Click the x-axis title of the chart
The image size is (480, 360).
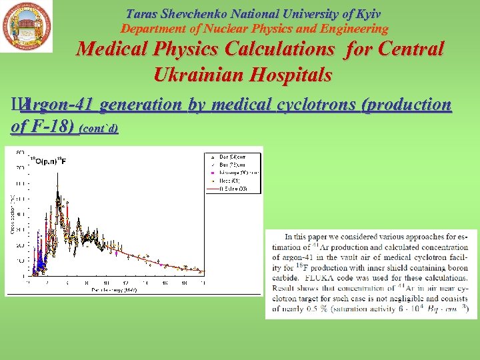point(114,290)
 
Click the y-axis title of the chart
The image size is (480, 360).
point(10,217)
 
